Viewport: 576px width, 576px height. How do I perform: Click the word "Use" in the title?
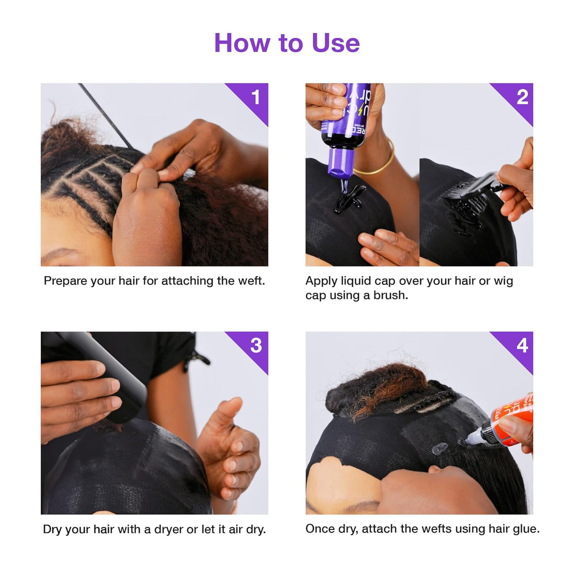point(335,43)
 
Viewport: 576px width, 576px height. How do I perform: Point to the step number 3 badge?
point(256,345)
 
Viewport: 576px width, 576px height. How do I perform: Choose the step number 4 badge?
point(522,345)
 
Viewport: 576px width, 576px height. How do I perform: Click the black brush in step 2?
point(474,190)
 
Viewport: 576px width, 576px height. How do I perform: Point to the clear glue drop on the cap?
point(439,447)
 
